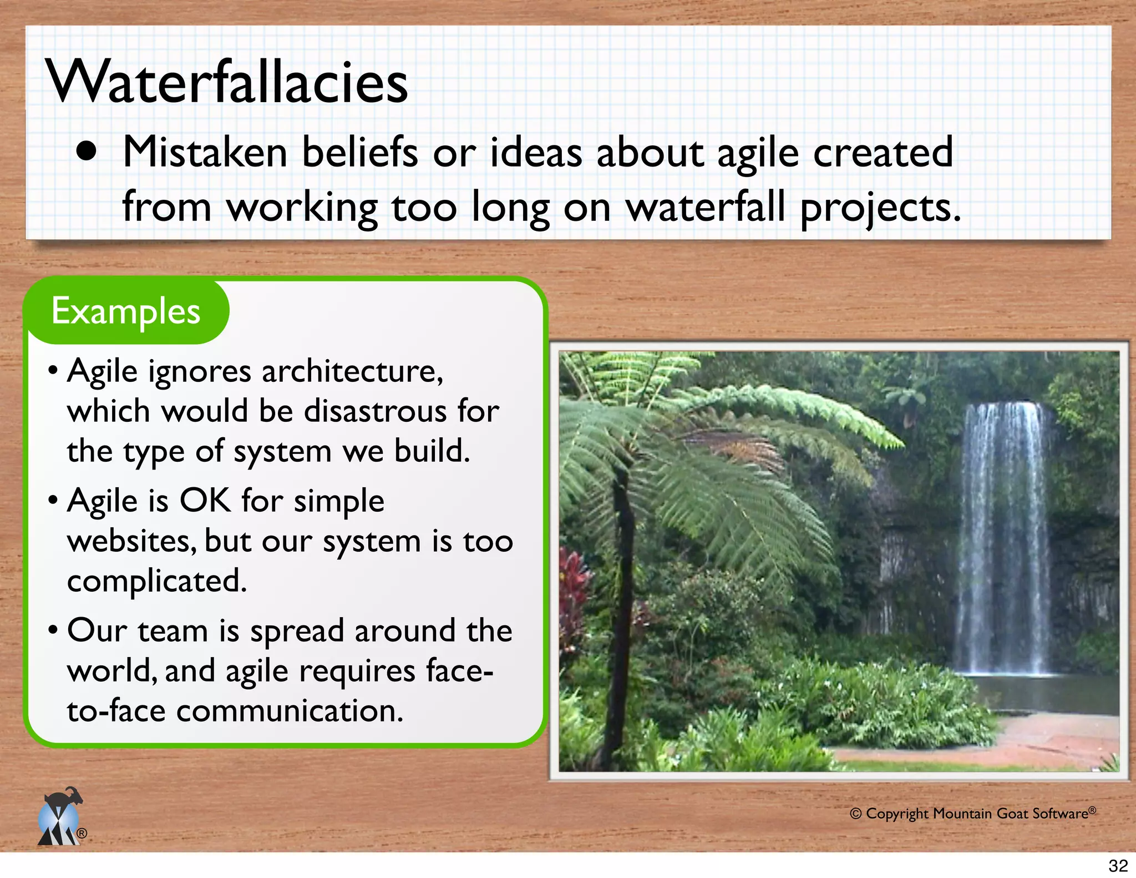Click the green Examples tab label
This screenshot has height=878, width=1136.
pyautogui.click(x=126, y=311)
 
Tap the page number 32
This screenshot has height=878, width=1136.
pyautogui.click(x=1118, y=865)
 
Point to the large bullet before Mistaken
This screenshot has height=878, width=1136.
pyautogui.click(x=87, y=152)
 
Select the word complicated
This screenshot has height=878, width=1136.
pyautogui.click(x=156, y=581)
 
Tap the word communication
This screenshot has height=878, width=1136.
pyautogui.click(x=290, y=711)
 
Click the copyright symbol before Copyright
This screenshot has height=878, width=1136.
pyautogui.click(x=855, y=814)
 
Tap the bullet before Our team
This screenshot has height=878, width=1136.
pyautogui.click(x=53, y=631)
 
